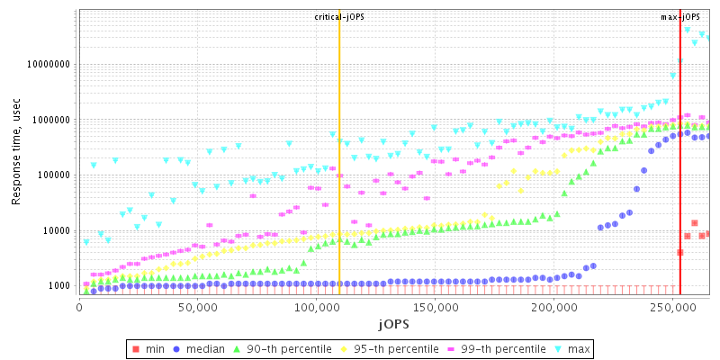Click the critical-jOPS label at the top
tap(339, 17)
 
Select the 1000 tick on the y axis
tap(59, 286)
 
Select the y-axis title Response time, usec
tap(16, 153)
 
